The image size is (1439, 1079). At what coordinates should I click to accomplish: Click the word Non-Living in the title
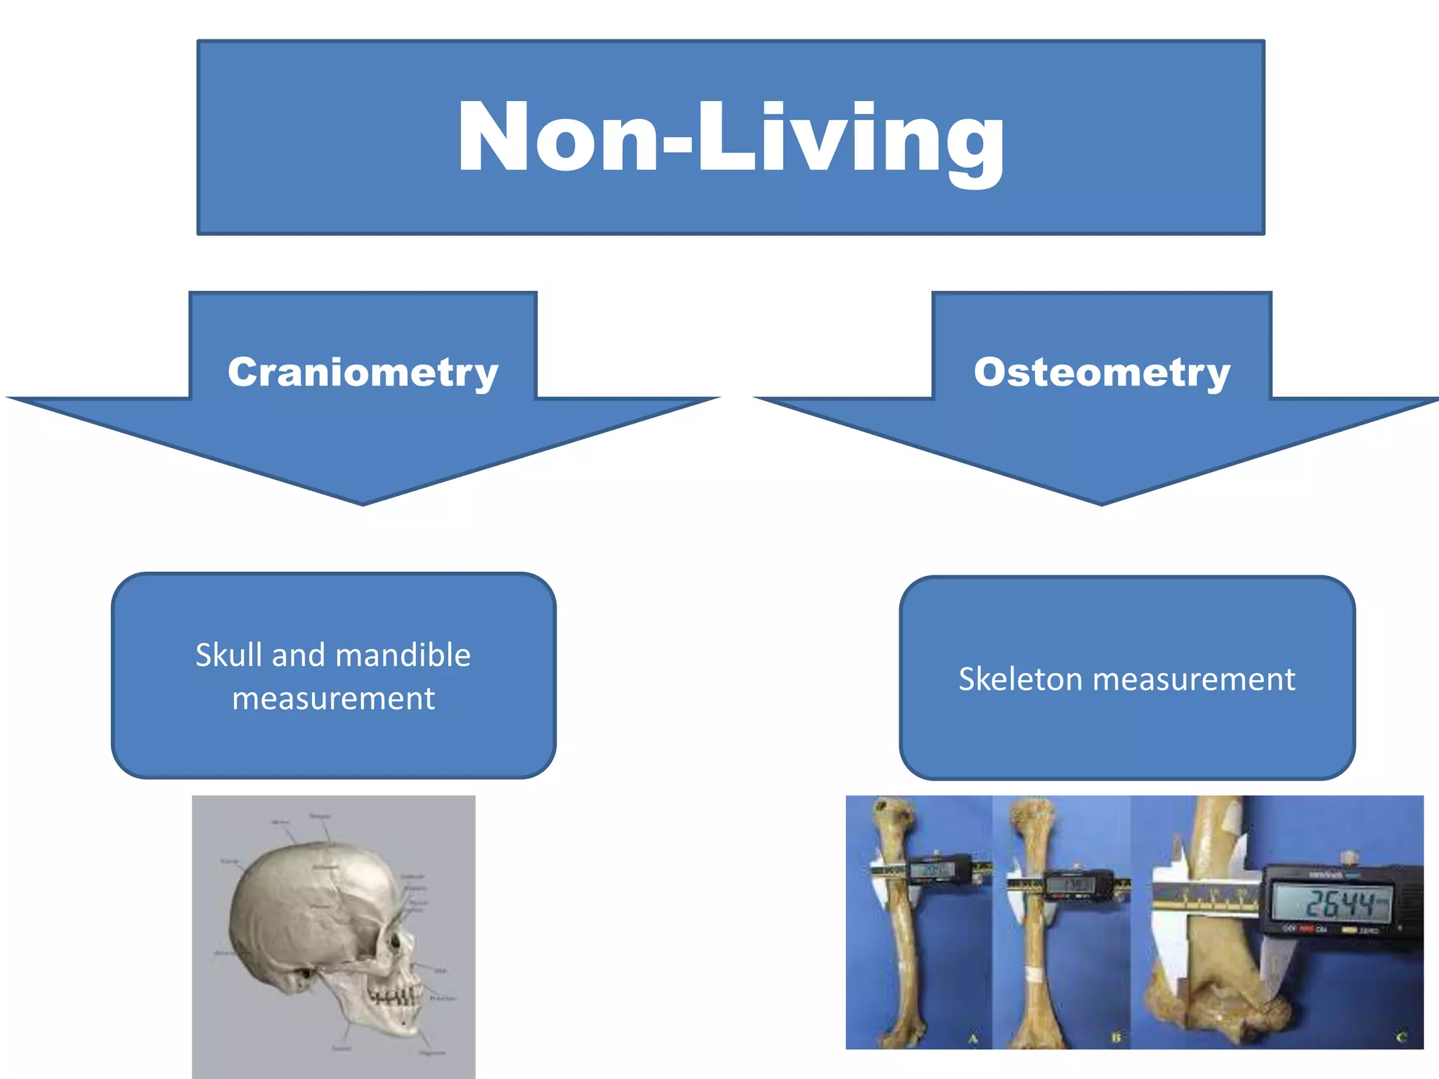[731, 137]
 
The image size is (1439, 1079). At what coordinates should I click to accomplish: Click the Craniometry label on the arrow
[363, 372]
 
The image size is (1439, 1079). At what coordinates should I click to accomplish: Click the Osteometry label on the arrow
[1102, 372]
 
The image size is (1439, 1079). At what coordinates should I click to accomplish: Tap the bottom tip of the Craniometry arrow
[363, 502]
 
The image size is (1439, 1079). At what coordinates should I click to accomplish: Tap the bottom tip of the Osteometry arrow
[1102, 502]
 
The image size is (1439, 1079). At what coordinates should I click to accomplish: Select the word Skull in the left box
[229, 655]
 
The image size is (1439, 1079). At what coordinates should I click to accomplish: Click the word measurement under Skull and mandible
[333, 699]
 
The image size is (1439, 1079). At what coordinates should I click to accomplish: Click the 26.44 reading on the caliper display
[1339, 903]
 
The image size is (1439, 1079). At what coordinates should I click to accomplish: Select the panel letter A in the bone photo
[973, 1038]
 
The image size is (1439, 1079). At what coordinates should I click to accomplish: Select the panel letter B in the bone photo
[1116, 1038]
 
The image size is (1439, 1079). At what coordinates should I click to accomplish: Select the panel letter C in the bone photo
[1401, 1038]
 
